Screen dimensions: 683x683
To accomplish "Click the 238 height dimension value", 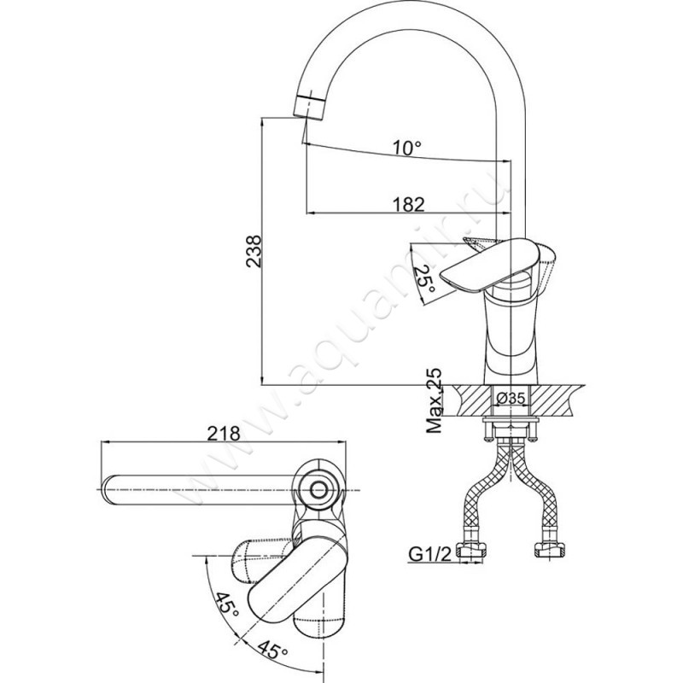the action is point(253,251).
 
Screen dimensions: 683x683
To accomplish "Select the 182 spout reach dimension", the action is point(408,204).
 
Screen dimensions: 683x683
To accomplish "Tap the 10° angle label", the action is point(407,148).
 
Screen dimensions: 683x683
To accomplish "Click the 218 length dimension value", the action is point(224,434).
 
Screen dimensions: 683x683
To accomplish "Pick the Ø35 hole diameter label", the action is point(511,398).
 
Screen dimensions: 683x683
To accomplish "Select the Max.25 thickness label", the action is point(434,400).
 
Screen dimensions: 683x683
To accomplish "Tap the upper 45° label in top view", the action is point(226,610).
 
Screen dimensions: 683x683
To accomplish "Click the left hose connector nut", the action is point(471,551).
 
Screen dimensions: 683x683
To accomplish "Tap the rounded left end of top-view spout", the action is point(108,490).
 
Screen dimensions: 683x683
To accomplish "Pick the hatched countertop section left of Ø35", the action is point(472,400).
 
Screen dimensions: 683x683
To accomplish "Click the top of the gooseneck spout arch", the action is point(412,17).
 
